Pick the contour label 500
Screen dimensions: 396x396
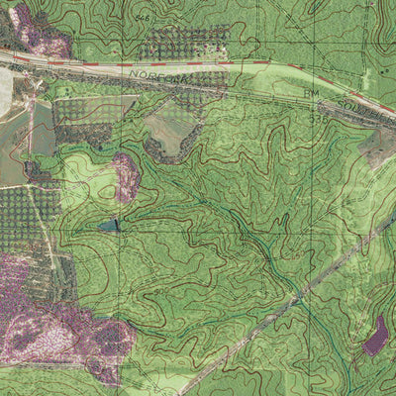(x=298, y=255)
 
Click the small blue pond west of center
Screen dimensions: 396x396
(x=108, y=226)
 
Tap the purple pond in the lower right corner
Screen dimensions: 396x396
(x=375, y=336)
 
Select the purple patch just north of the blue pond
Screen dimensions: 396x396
(x=126, y=176)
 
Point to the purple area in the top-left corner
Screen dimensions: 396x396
(x=35, y=30)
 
